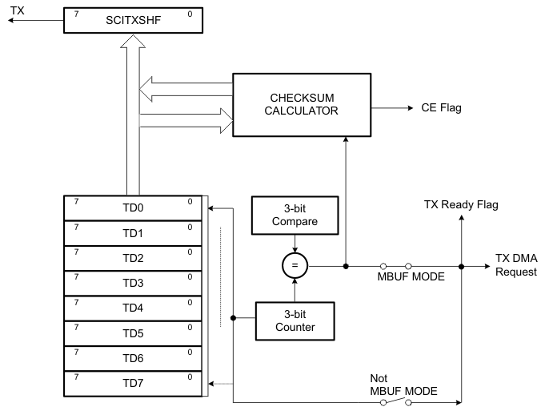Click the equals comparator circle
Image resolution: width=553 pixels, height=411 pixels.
[296, 266]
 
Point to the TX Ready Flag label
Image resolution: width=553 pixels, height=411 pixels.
[460, 205]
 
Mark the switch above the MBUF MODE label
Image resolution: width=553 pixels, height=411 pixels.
[396, 266]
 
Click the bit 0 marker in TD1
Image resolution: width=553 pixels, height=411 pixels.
[190, 228]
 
